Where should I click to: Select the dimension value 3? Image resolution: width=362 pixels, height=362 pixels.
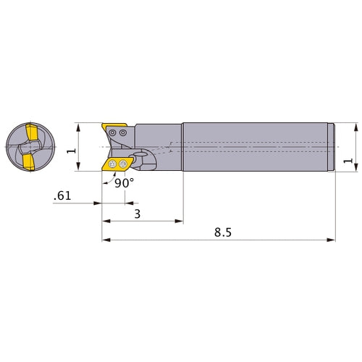137,214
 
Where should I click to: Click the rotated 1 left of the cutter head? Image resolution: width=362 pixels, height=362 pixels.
70,150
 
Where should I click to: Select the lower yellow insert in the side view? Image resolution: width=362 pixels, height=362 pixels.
114,165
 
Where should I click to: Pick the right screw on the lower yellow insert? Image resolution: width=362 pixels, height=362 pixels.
122,166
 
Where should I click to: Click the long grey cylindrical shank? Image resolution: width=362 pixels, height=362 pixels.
257,148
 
